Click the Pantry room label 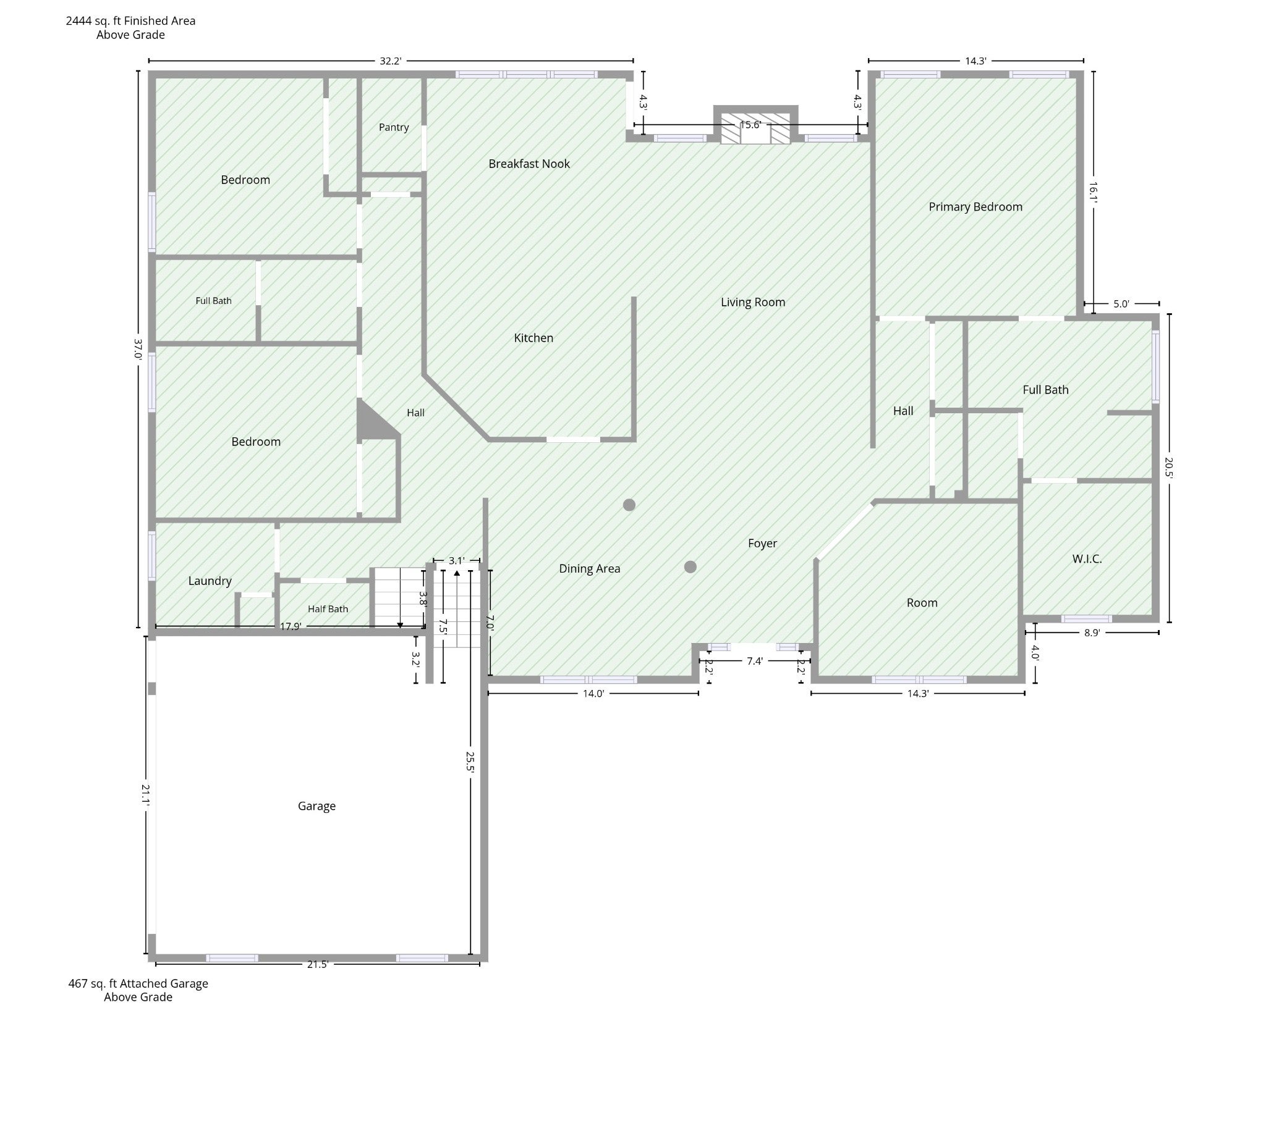pos(394,127)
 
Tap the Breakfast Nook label pos(529,164)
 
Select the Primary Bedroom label pos(975,207)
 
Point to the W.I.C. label pos(1087,558)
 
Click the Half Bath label pos(328,609)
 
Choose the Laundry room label pos(210,581)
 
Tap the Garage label pos(316,806)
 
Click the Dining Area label pos(590,569)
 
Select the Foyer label pos(762,544)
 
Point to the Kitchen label pos(533,338)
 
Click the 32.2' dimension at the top pos(391,61)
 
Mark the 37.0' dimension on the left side pos(138,348)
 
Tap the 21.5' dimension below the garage pos(317,964)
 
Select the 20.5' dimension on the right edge pos(1169,468)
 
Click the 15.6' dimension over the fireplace pos(750,125)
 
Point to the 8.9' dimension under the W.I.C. pos(1092,633)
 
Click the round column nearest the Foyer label pos(690,567)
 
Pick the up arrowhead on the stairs pos(457,573)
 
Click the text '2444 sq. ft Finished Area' pos(130,20)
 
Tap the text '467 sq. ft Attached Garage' pos(138,984)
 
